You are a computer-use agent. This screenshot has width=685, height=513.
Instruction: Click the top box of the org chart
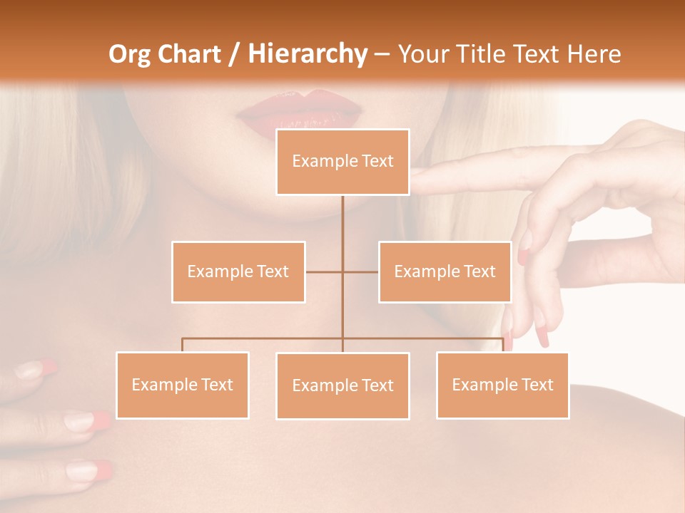pyautogui.click(x=342, y=162)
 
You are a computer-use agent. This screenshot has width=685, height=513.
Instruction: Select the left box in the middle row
pyautogui.click(x=238, y=271)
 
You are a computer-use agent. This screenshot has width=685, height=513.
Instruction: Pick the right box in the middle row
pyautogui.click(x=445, y=271)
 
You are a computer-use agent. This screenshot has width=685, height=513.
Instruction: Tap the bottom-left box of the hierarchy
pyautogui.click(x=183, y=385)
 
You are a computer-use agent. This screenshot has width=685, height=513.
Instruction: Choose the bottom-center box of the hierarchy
pyautogui.click(x=342, y=385)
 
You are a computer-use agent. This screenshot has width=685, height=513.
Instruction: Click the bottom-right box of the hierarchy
pyautogui.click(x=502, y=385)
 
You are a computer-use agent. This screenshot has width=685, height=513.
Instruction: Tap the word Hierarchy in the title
pyautogui.click(x=308, y=54)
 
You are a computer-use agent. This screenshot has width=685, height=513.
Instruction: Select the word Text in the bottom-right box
pyautogui.click(x=538, y=385)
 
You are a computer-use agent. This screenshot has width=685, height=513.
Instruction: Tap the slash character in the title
pyautogui.click(x=234, y=54)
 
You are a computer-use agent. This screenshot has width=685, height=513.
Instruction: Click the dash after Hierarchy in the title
pyautogui.click(x=382, y=54)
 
